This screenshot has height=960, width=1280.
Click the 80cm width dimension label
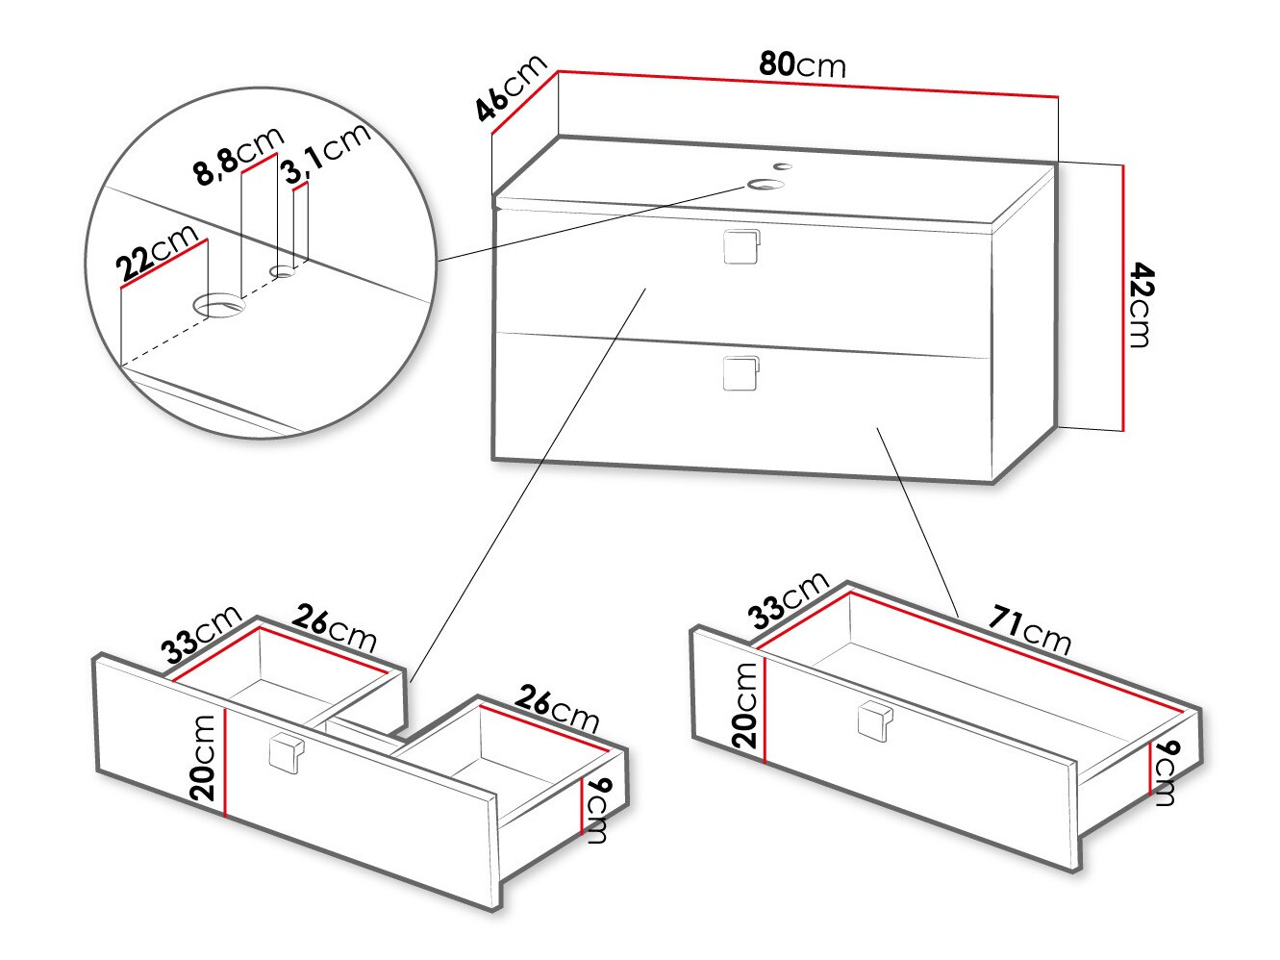[x=802, y=64]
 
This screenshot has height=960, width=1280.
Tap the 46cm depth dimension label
[x=511, y=88]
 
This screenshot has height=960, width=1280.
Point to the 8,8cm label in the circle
[x=238, y=155]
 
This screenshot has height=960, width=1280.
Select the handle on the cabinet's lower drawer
[x=740, y=373]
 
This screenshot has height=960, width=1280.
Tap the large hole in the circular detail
[x=219, y=307]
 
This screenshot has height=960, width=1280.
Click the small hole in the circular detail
[x=283, y=272]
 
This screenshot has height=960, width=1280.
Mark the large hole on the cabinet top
[x=766, y=184]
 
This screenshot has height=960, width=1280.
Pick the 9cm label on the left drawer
[x=598, y=811]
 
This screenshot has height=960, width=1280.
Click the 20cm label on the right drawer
[x=745, y=706]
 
